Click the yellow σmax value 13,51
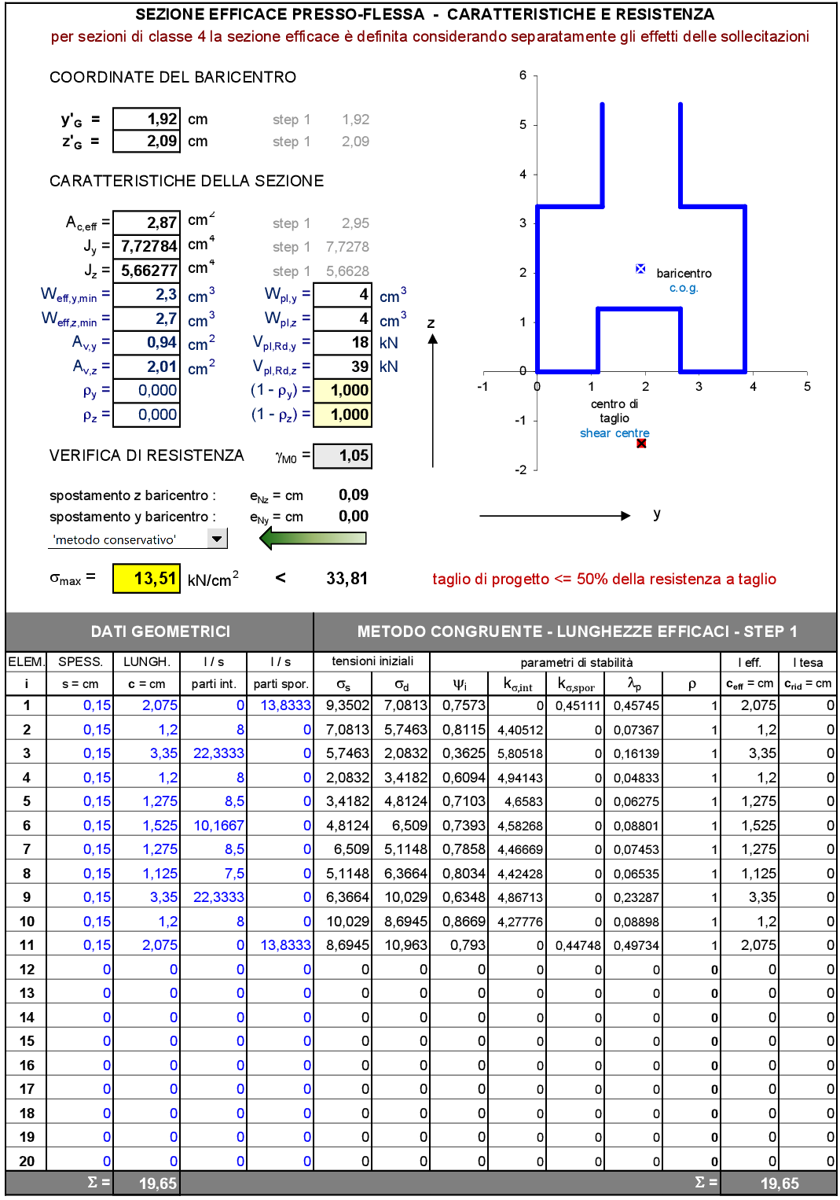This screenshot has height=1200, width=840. click(147, 579)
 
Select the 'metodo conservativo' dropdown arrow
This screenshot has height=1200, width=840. click(217, 539)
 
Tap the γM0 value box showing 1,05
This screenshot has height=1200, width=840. click(343, 455)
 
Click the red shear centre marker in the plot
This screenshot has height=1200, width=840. click(641, 444)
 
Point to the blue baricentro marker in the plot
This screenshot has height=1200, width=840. click(640, 269)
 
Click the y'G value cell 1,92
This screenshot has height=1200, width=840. click(147, 120)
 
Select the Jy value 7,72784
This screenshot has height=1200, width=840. click(147, 246)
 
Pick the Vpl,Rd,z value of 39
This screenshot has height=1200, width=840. click(343, 366)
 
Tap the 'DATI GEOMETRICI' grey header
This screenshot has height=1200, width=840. click(160, 631)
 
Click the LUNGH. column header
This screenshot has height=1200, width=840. click(147, 662)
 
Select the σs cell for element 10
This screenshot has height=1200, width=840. click(343, 922)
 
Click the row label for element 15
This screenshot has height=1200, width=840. click(27, 1041)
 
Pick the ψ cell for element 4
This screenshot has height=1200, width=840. click(460, 778)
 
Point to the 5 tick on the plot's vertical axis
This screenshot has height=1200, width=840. click(523, 124)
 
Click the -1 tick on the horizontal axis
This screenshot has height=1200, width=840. click(482, 386)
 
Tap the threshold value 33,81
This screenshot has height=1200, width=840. click(347, 579)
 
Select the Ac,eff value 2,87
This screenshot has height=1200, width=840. click(147, 223)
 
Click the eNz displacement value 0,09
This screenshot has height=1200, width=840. click(354, 495)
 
